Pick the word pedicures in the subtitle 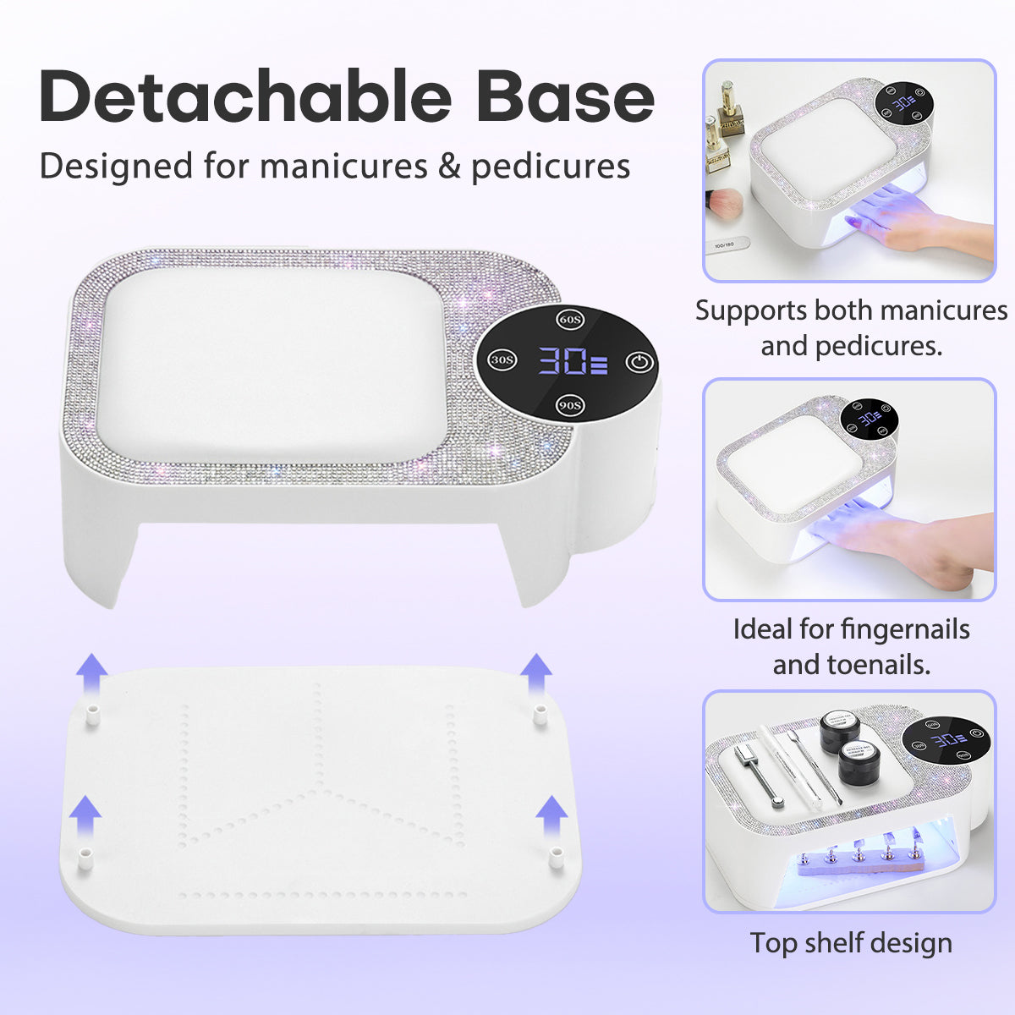[551, 167]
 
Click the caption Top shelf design [851, 943]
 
